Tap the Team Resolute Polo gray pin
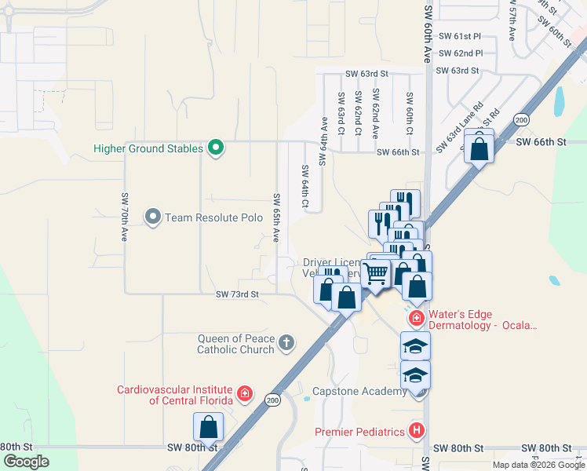152,217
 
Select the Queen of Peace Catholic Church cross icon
287,342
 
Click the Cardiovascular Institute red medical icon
245,393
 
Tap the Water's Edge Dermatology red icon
416,319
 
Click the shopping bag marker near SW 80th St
209,429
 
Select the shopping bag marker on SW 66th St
479,148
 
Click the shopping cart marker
377,274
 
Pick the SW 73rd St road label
237,294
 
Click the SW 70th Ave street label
124,217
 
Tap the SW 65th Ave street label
275,217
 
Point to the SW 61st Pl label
460,36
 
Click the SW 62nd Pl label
461,53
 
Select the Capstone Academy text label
357,391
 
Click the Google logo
26,462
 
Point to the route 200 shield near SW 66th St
521,119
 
